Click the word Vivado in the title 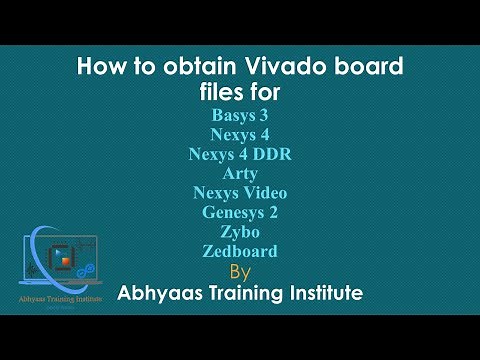tap(291, 69)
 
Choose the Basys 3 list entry tap(240, 116)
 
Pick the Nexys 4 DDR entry tap(240, 154)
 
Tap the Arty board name tap(240, 173)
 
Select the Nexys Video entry tap(240, 192)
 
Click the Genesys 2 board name tap(240, 212)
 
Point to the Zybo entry tap(240, 231)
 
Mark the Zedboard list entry tap(240, 251)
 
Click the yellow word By tap(240, 271)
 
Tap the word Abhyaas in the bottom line tap(160, 293)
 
